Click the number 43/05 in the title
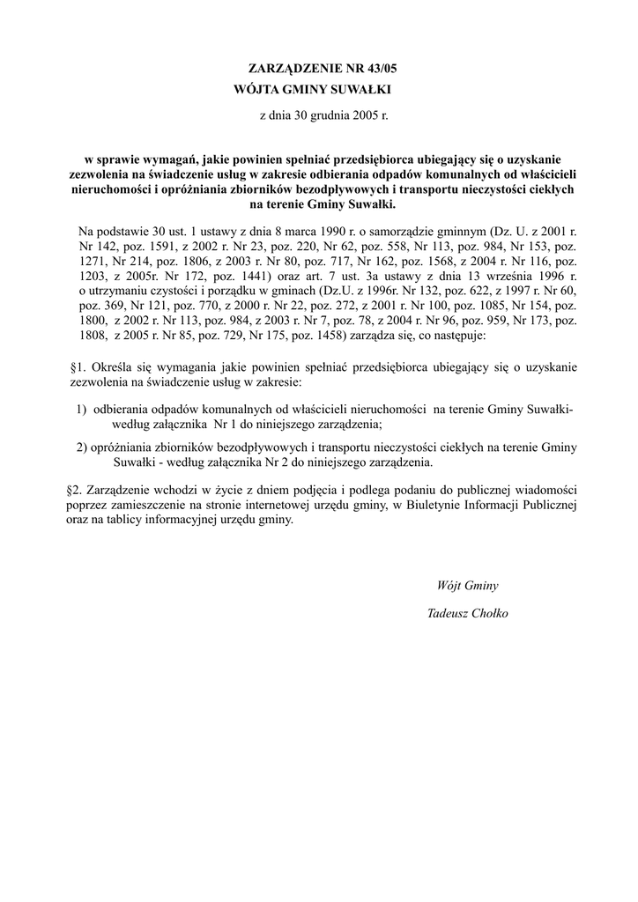[x=368, y=68]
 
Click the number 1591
[x=165, y=248]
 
